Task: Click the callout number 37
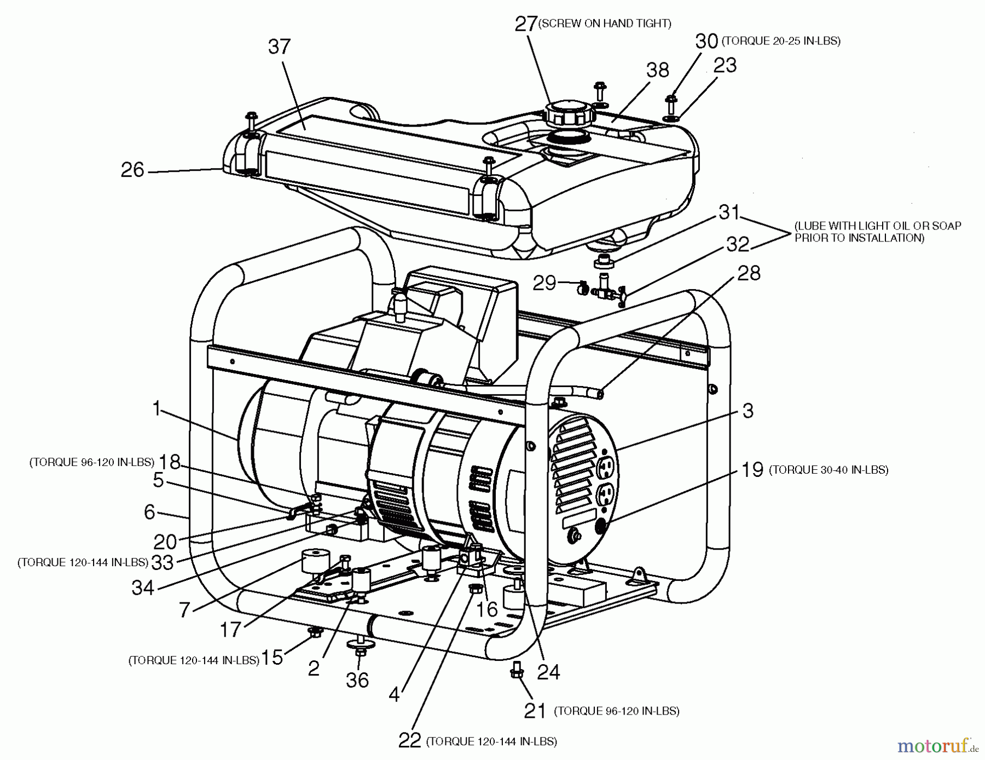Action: click(x=279, y=47)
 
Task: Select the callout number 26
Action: click(x=132, y=170)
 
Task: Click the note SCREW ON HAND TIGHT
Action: click(x=605, y=24)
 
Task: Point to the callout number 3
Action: click(x=748, y=411)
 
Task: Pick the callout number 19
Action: click(x=752, y=469)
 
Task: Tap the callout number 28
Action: click(x=749, y=273)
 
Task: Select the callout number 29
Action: click(x=544, y=283)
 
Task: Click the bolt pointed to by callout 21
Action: click(x=516, y=670)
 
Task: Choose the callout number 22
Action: click(x=410, y=740)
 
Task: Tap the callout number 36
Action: click(x=357, y=680)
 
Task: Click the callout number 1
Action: click(x=157, y=408)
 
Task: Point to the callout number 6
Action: click(x=149, y=511)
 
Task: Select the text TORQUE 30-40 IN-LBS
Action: click(x=828, y=470)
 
